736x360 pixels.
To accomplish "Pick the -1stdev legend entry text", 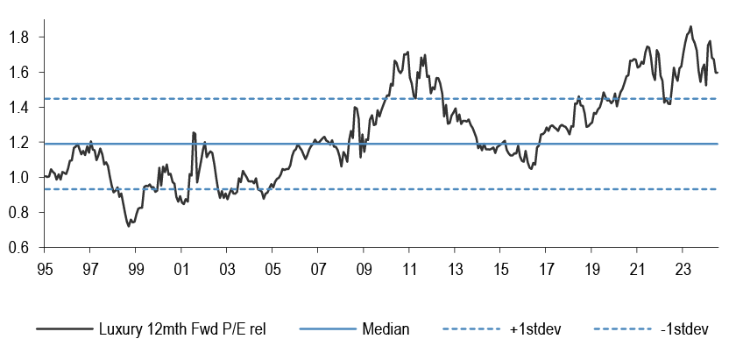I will click(675, 330).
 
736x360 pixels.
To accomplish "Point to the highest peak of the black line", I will click(690, 26).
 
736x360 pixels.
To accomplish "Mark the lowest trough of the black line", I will click(129, 226).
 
